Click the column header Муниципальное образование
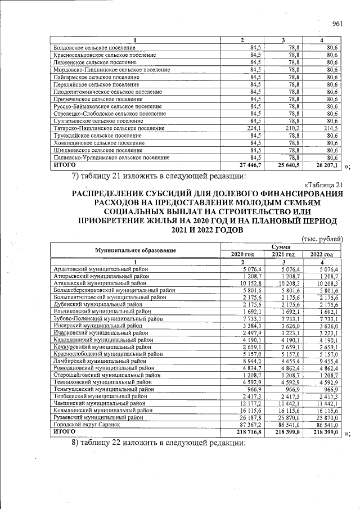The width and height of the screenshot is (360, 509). (135, 250)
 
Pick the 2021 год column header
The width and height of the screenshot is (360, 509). (282, 254)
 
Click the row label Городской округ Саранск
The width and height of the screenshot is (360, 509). (87, 425)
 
